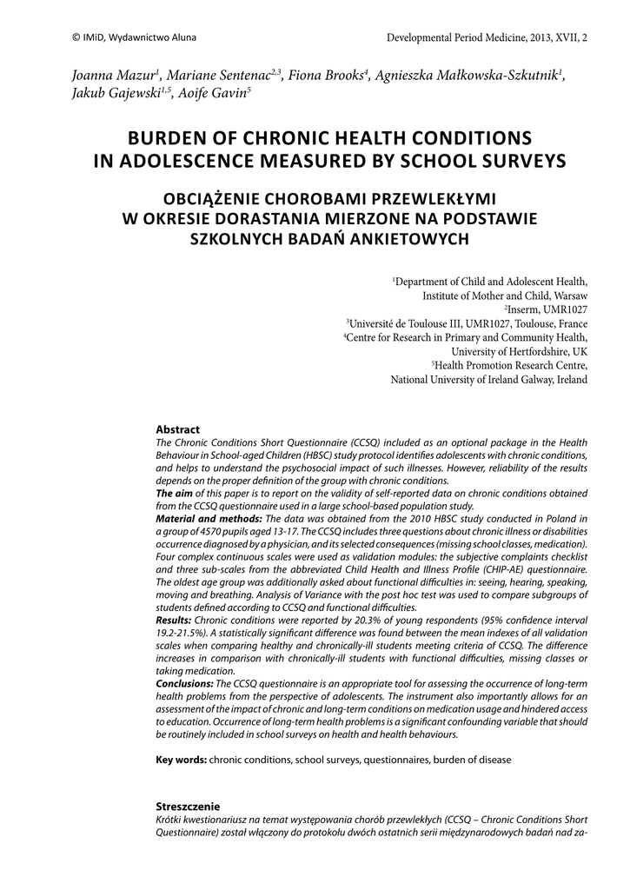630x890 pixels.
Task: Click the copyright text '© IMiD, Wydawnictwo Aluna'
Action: tap(122, 38)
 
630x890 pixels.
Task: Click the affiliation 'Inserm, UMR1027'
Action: tap(548, 309)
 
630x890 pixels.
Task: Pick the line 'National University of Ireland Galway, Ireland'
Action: tap(489, 380)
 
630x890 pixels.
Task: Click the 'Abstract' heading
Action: tap(177, 429)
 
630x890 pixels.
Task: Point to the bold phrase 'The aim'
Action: tap(174, 493)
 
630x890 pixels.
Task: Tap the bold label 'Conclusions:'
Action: tap(184, 684)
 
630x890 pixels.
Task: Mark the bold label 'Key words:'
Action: tap(181, 760)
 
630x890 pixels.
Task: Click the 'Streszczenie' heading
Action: tap(187, 806)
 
